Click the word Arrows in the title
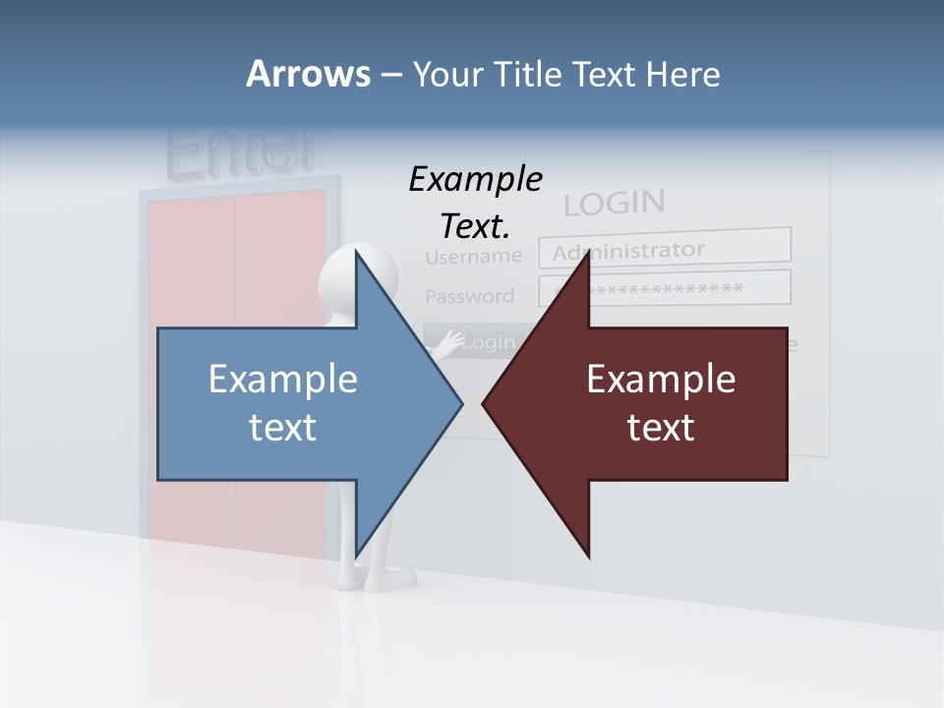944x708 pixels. pos(307,74)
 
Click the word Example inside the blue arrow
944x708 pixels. pos(283,380)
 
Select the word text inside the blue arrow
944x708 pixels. pos(283,427)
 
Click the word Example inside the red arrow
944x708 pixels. pos(661,380)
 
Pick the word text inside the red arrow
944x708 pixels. pos(661,427)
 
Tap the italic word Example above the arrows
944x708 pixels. pos(475,180)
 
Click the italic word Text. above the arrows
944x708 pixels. pos(475,227)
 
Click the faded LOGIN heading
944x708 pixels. pos(614,204)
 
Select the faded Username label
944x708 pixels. pos(473,257)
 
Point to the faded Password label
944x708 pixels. pos(469,296)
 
